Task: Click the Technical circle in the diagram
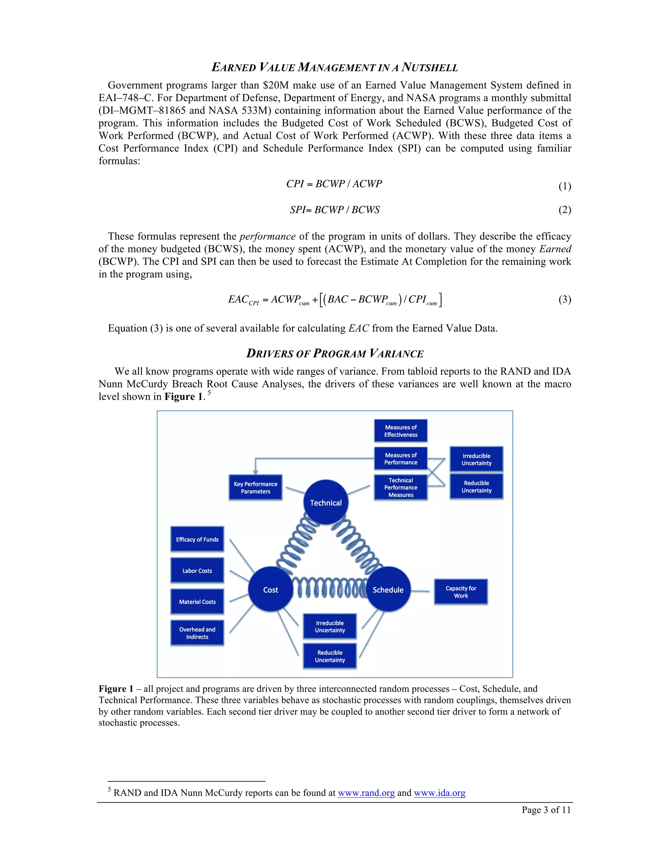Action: (326, 502)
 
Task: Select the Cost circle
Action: (270, 590)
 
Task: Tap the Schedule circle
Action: (388, 590)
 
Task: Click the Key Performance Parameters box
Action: (255, 487)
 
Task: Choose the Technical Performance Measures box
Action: (400, 487)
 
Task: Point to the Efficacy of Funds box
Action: (197, 539)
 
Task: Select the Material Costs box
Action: (197, 601)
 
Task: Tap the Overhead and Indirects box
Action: (197, 633)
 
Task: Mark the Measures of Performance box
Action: (400, 458)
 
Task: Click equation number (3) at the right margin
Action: (564, 299)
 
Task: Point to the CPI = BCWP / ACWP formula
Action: (334, 184)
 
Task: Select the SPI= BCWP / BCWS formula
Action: (335, 210)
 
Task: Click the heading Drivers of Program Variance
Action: (335, 353)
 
